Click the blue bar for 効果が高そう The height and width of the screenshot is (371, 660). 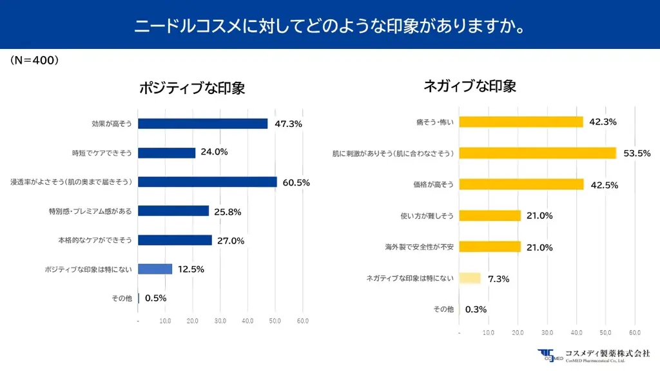[x=202, y=124]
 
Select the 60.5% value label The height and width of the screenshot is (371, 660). [x=296, y=182]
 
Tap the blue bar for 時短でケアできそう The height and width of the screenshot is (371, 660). [x=166, y=153]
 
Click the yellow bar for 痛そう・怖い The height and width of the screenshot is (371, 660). [x=521, y=122]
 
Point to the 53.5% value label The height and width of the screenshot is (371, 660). [x=636, y=153]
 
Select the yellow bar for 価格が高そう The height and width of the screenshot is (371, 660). [x=521, y=184]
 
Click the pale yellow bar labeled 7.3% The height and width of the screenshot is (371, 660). [x=470, y=278]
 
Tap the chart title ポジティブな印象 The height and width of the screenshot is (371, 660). [x=192, y=88]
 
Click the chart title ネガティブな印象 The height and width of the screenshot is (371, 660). [x=470, y=86]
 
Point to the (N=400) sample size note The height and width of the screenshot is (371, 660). [x=35, y=60]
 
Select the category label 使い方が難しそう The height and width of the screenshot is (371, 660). [x=427, y=216]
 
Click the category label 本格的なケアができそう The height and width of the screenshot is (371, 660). [x=95, y=240]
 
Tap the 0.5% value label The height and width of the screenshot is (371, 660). [x=156, y=298]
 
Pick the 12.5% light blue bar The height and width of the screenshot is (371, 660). [x=155, y=269]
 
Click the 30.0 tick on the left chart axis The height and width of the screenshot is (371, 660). [x=220, y=321]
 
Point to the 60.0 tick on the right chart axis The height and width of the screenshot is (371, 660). [x=634, y=332]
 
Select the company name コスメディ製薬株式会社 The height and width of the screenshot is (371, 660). [x=607, y=353]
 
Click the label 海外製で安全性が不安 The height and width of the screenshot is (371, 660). [x=419, y=247]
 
